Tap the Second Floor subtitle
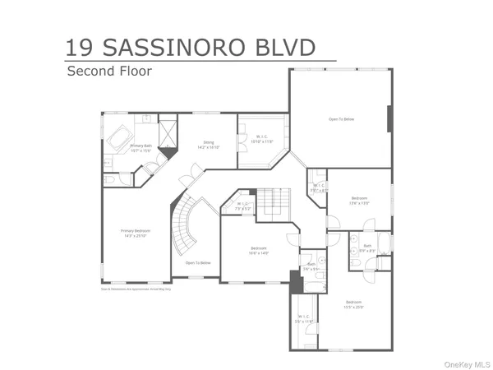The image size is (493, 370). coord(109,72)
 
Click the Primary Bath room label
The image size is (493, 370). coord(141,147)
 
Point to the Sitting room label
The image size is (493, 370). coord(210,145)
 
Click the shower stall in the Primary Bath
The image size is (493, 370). coord(168,132)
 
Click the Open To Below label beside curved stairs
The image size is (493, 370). coord(197,263)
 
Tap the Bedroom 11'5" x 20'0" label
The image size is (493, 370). coord(354,304)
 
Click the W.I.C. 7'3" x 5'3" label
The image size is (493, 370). coord(243,206)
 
